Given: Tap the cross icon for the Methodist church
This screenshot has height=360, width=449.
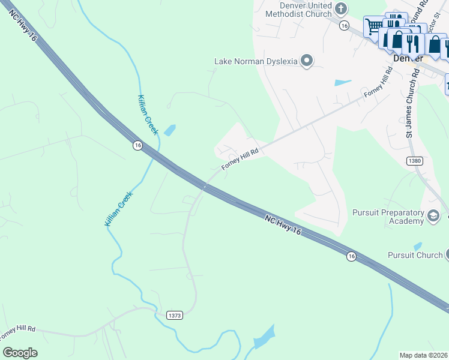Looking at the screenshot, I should (x=341, y=9).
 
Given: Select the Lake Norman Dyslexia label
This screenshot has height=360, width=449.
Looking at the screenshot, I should (x=256, y=61).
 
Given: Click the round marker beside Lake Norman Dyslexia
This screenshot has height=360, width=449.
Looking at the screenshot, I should (x=307, y=60).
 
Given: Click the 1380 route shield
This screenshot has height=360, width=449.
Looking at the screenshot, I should (x=414, y=161).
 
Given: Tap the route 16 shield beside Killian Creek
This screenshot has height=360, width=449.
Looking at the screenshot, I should (x=137, y=145).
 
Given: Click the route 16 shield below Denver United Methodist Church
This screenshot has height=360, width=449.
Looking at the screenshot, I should (x=343, y=26).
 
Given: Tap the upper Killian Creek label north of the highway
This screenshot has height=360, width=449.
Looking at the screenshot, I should (x=148, y=114).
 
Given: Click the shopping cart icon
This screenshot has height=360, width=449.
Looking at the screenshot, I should (x=373, y=26).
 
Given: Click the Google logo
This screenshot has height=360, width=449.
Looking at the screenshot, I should (x=20, y=352).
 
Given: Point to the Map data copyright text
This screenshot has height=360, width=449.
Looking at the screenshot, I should (x=423, y=355).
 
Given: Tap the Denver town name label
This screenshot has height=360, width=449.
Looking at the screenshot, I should (x=408, y=59).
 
